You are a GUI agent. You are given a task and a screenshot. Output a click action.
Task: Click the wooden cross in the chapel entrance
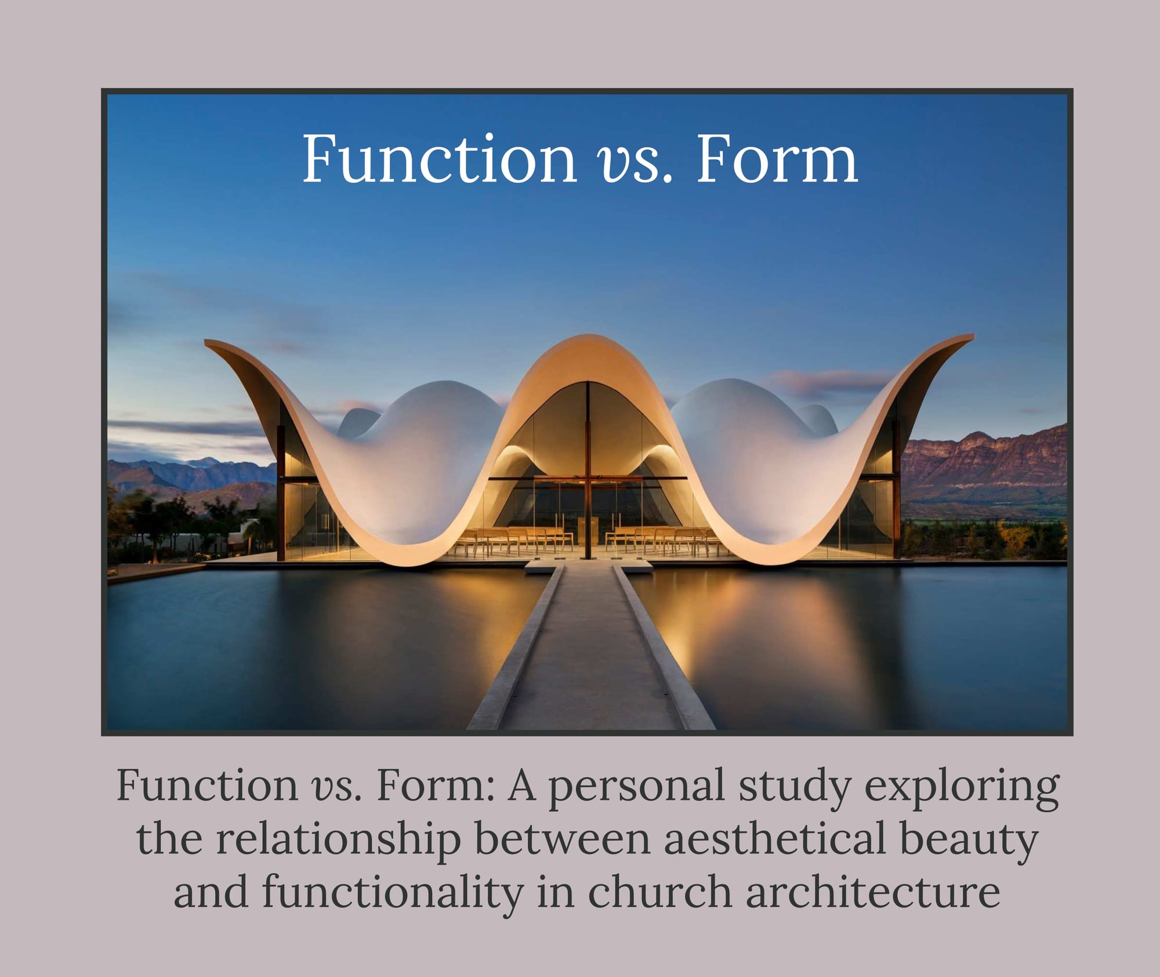pyautogui.click(x=588, y=476)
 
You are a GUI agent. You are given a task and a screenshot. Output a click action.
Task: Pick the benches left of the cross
pyautogui.click(x=516, y=540)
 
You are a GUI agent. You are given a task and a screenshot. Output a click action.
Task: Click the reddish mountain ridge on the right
pyautogui.click(x=986, y=464)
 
